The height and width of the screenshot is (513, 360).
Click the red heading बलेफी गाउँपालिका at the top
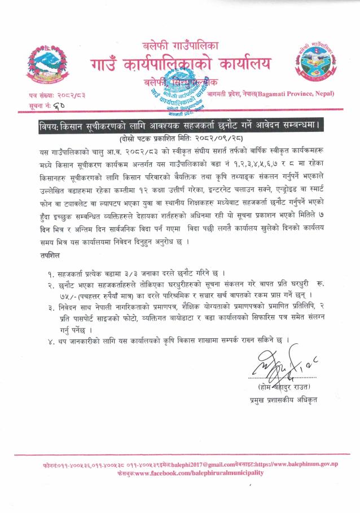180,44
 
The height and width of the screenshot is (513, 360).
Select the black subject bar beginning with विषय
179,125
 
